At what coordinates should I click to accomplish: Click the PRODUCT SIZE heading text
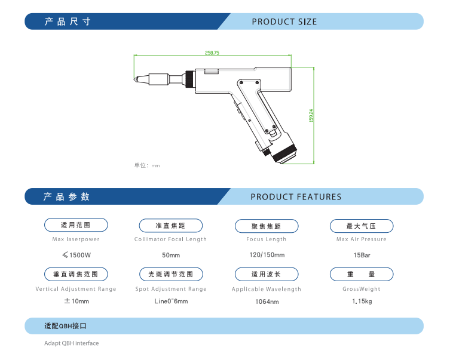284,22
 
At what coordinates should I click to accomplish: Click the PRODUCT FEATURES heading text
296,197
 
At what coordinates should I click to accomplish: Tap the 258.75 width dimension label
212,53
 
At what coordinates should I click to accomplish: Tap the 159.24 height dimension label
311,115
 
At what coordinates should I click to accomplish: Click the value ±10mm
76,301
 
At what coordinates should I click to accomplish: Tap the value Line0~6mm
171,301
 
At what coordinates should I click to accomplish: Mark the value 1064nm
267,301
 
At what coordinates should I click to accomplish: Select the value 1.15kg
362,301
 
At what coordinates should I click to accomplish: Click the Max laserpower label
76,239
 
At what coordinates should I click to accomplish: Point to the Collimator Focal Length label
170,239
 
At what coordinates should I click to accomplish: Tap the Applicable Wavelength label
267,289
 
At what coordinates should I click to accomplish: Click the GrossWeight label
362,289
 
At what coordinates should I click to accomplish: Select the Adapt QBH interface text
71,343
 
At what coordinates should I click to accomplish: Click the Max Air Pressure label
362,239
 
